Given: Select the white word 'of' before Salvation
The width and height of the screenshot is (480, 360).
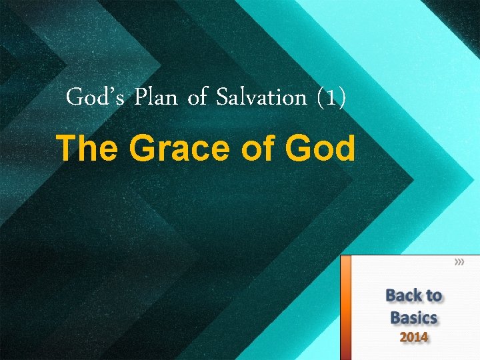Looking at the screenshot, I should click(x=197, y=98).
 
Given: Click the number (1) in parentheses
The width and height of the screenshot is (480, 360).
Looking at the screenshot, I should click(x=330, y=99).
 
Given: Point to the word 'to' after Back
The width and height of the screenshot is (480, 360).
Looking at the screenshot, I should click(x=434, y=296).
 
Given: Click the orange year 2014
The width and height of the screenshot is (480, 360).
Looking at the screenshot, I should click(x=413, y=337).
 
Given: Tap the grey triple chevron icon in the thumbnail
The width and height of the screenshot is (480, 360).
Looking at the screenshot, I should click(x=459, y=263).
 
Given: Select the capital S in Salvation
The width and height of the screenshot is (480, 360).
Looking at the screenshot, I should click(x=221, y=98).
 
